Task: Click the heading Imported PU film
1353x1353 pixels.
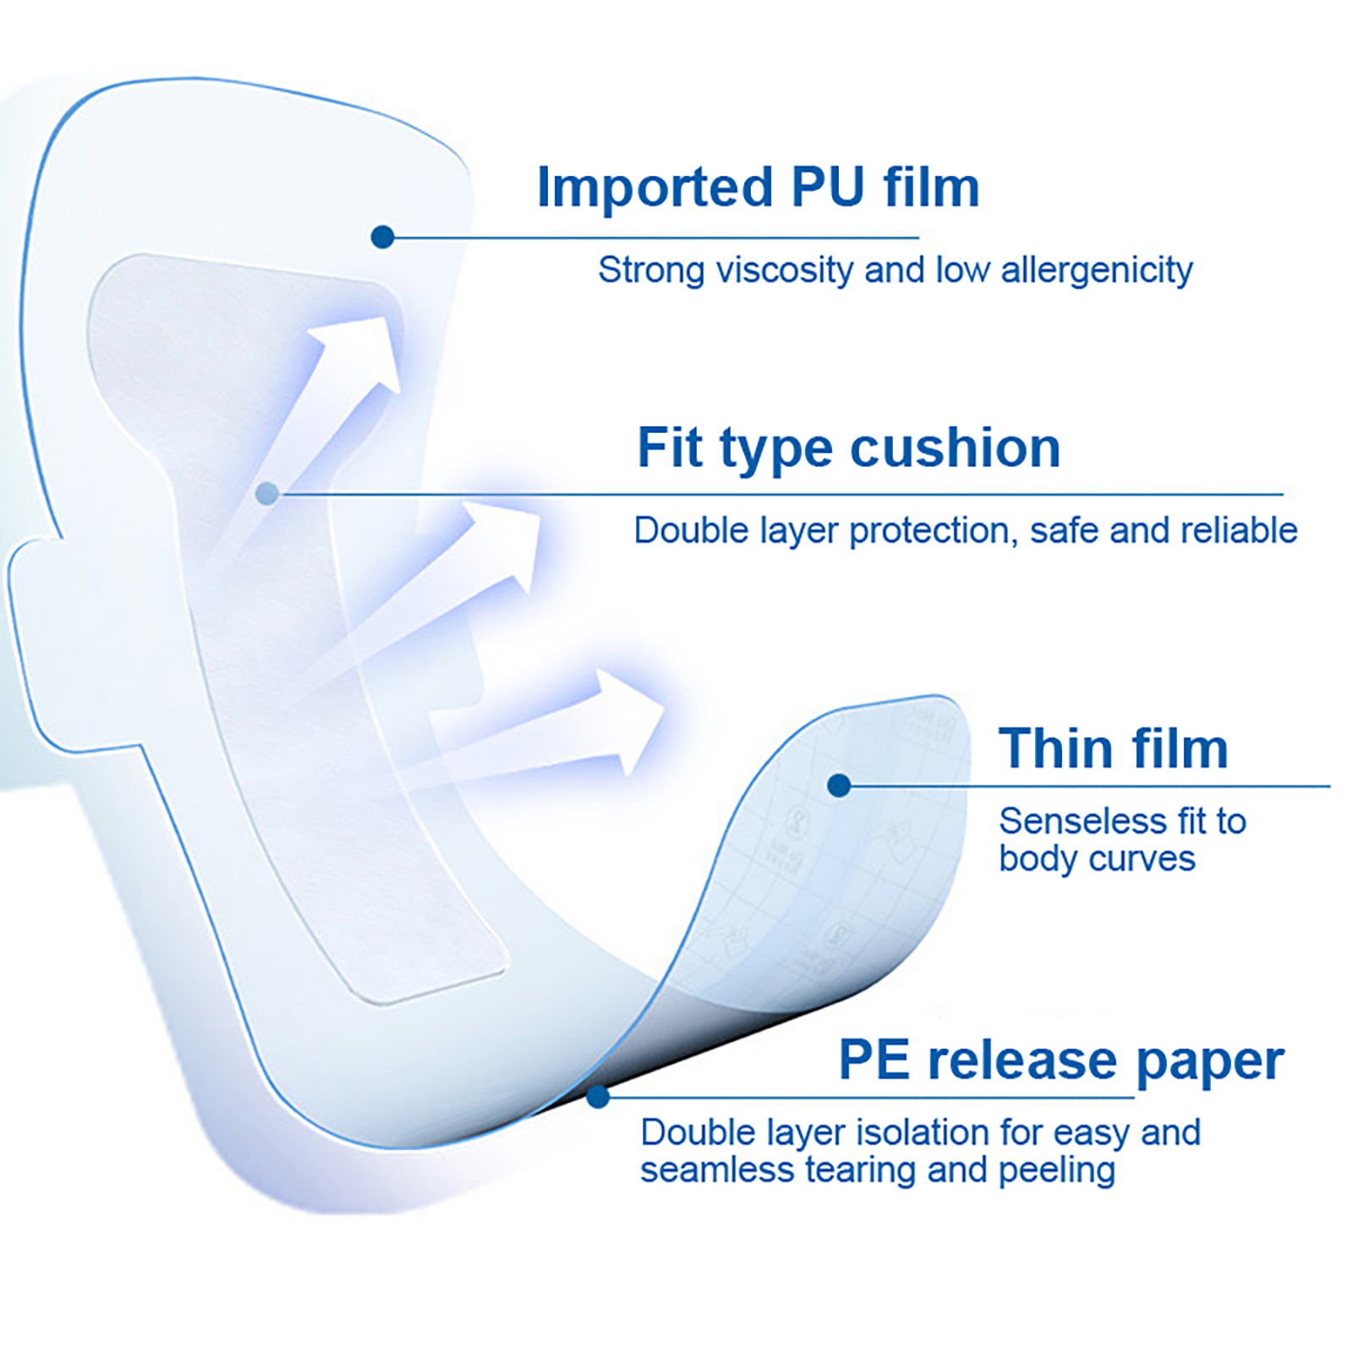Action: pos(758,187)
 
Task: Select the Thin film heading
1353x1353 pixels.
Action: pos(1113,748)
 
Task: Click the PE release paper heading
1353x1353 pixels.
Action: pos(1060,1060)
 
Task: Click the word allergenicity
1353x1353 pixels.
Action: pos(1097,271)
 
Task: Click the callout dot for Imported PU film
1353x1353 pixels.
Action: pos(382,237)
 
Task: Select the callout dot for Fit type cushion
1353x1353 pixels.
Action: pos(267,494)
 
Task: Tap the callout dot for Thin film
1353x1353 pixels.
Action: pos(839,786)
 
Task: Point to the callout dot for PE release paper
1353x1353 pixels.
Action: pos(598,1097)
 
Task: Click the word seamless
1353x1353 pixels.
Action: pos(717,1170)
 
